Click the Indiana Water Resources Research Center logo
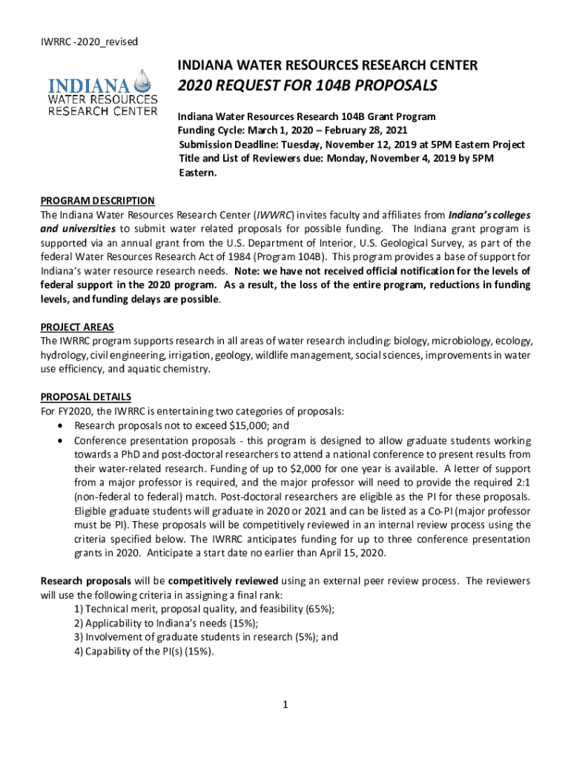click(103, 93)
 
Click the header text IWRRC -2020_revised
click(79, 42)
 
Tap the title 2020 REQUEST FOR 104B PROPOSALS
click(307, 87)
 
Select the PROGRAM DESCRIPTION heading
click(97, 201)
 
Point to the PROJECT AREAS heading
click(77, 328)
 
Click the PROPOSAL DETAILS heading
click(85, 397)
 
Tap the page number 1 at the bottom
click(285, 703)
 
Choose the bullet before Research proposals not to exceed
click(60, 425)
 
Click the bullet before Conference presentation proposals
click(60, 440)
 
